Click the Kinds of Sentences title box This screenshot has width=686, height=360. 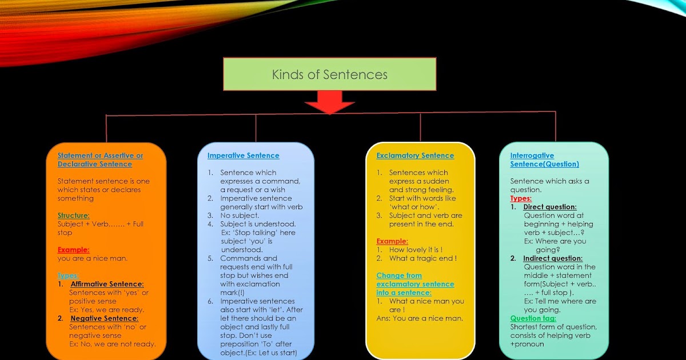[329, 74]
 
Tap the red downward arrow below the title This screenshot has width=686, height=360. [329, 105]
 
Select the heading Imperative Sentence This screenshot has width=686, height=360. [243, 155]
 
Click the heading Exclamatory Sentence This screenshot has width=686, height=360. [415, 155]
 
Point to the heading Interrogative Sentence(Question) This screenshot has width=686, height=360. [544, 159]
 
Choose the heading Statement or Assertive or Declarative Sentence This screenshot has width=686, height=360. [100, 159]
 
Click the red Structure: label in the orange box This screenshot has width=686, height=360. [73, 215]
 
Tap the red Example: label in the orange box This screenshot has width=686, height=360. [73, 250]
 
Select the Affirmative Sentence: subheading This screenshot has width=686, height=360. [107, 284]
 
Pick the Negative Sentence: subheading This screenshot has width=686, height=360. [104, 318]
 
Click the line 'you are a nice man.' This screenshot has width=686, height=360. [92, 258]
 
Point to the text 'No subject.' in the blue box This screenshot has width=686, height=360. [240, 215]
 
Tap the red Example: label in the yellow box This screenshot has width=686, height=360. [392, 241]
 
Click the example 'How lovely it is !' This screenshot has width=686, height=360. [416, 250]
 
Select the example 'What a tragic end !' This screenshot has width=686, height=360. [423, 258]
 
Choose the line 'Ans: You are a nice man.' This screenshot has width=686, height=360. [420, 318]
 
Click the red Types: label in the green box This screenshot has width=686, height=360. [521, 198]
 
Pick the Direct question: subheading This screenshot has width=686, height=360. [550, 207]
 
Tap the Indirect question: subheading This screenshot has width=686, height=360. [553, 258]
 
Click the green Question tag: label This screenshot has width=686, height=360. [533, 318]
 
